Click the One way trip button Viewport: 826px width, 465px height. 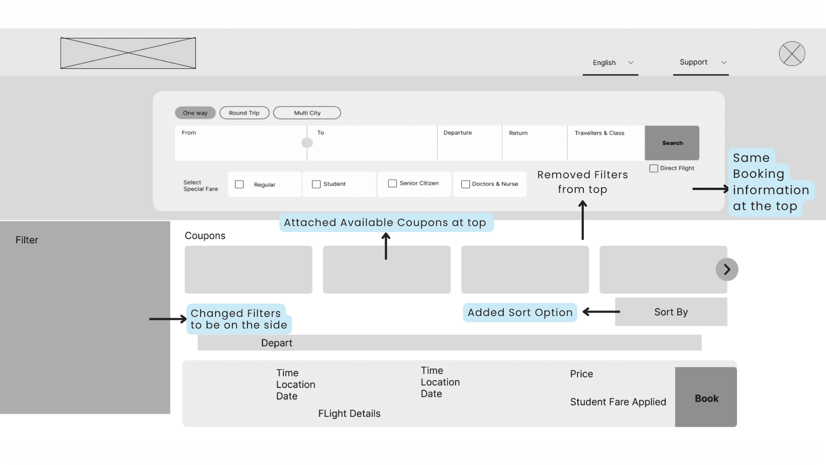(x=195, y=113)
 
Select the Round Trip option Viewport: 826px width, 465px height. (x=244, y=113)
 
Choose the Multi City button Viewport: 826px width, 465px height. (x=307, y=113)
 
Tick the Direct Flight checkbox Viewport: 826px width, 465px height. (x=654, y=168)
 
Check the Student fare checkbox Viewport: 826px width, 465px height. (x=316, y=184)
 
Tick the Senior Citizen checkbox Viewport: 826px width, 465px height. (x=392, y=183)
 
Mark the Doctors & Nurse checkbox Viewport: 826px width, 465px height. (x=465, y=184)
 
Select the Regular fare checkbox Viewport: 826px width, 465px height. (x=239, y=184)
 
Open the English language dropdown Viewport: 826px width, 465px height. (x=610, y=63)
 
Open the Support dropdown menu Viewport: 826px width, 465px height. (x=701, y=63)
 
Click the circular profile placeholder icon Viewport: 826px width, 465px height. (x=792, y=54)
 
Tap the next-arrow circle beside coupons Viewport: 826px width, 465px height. (x=727, y=270)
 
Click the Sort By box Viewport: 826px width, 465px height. (x=671, y=312)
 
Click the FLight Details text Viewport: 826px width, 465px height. (x=349, y=414)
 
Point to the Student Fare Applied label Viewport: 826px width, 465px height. (x=618, y=402)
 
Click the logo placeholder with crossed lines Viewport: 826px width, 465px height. (x=128, y=53)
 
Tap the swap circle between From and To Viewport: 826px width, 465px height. (x=307, y=143)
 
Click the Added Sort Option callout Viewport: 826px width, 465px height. (x=520, y=313)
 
